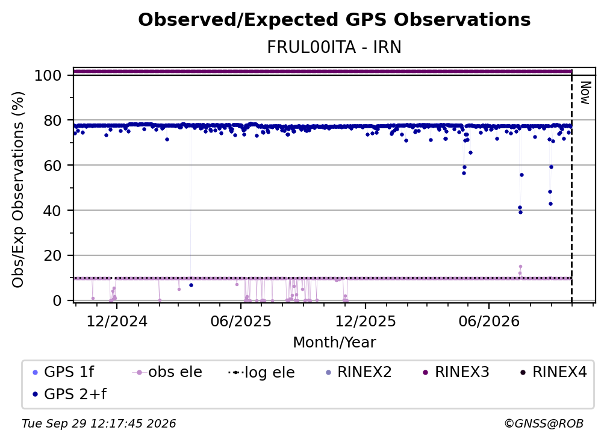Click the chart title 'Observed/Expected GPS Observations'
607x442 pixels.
pos(334,20)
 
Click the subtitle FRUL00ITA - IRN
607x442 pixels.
pos(334,47)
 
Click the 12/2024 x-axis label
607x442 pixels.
pos(117,321)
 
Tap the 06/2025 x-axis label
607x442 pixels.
pos(241,321)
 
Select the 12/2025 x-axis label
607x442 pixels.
pos(366,321)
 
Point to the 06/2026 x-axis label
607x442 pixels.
pos(489,321)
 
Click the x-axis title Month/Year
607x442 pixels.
pos(334,342)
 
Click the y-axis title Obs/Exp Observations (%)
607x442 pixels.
pos(18,189)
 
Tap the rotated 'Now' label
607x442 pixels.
pos(585,93)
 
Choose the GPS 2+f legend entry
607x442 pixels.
pos(70,394)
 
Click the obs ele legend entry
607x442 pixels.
pos(167,372)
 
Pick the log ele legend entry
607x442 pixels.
pos(262,372)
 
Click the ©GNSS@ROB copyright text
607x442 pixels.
pos(544,423)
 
